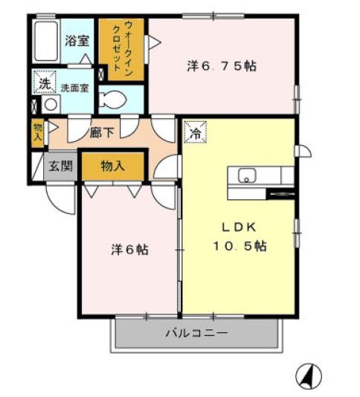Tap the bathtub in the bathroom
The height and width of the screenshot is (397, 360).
tap(46, 44)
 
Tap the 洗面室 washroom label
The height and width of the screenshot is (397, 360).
tap(74, 87)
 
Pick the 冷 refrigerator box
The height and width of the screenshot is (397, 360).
tap(193, 134)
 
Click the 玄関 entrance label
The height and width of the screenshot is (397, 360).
tap(60, 166)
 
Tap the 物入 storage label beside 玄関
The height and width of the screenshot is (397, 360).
tap(113, 166)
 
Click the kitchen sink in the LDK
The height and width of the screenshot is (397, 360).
tap(247, 177)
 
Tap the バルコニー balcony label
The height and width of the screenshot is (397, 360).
tap(196, 334)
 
